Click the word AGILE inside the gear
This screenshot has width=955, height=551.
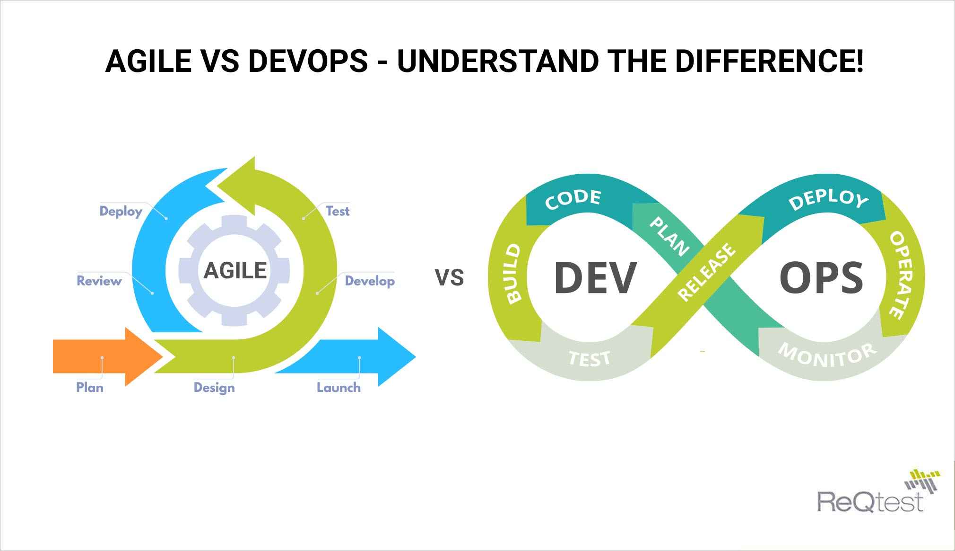pyautogui.click(x=235, y=271)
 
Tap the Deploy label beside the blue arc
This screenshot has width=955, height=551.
pyautogui.click(x=121, y=211)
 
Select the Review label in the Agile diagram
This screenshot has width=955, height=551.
pyautogui.click(x=99, y=281)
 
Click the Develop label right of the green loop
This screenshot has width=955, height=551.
pyautogui.click(x=370, y=281)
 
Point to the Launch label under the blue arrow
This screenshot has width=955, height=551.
pyautogui.click(x=339, y=388)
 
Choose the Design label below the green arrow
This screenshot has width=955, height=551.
pyautogui.click(x=214, y=388)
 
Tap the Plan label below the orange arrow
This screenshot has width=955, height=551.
pyautogui.click(x=90, y=388)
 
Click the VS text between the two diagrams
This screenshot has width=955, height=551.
pyautogui.click(x=449, y=277)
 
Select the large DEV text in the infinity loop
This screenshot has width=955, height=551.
pyautogui.click(x=595, y=278)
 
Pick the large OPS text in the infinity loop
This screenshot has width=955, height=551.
pyautogui.click(x=821, y=278)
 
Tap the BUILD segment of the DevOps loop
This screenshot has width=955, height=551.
pyautogui.click(x=513, y=273)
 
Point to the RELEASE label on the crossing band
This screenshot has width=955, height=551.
pyautogui.click(x=707, y=272)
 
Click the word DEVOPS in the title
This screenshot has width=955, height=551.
pyautogui.click(x=308, y=62)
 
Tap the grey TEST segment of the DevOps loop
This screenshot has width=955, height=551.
pyautogui.click(x=590, y=358)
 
